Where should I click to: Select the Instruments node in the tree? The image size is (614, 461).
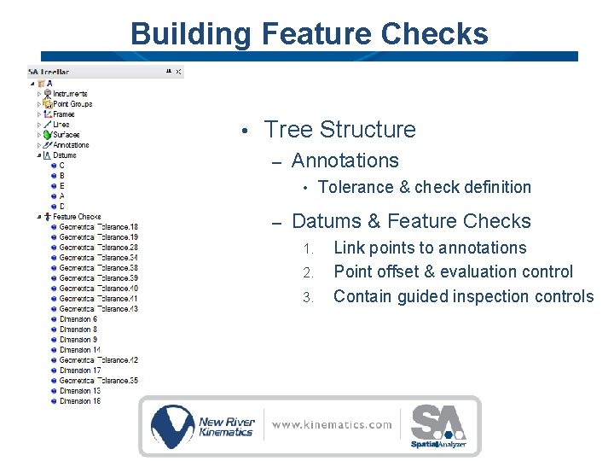pos(70,94)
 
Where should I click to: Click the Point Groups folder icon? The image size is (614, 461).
pos(48,104)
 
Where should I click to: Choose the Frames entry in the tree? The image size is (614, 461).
pos(64,114)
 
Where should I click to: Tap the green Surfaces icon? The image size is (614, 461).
pos(48,135)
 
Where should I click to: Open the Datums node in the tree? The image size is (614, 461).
pos(64,155)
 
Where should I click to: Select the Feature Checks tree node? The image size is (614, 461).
pos(77,217)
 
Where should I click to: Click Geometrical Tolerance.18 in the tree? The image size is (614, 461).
pos(98,227)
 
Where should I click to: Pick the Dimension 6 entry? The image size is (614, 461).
pos(78,319)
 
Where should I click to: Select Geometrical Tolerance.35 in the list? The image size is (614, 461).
pos(98,381)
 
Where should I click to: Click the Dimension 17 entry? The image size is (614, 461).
pos(80,371)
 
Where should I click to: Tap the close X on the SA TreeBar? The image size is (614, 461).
pos(178,73)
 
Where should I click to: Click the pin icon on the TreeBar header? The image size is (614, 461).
pos(168,73)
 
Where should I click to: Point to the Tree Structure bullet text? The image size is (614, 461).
pos(339,130)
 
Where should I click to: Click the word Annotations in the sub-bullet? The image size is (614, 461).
pos(345,160)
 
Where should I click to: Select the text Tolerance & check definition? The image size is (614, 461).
pos(424,188)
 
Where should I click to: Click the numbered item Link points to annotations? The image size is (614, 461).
pos(430,248)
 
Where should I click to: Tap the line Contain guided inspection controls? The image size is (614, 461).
pos(463,297)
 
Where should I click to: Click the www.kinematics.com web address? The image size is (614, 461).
pos(333,425)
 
